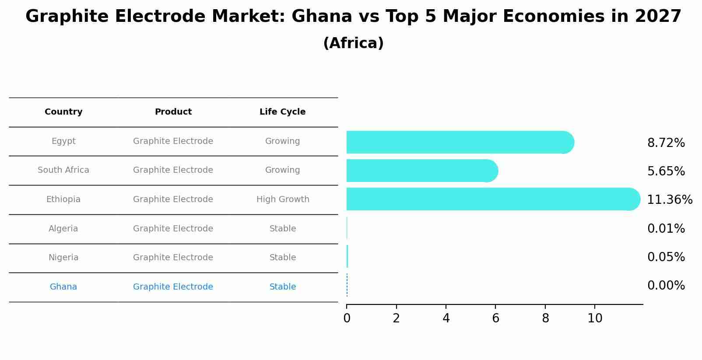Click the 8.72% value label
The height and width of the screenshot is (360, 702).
(x=666, y=143)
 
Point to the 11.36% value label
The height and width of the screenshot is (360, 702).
(x=669, y=200)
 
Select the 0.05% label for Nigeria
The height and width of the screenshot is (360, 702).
(x=666, y=257)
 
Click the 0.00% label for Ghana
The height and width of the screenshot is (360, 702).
(x=666, y=286)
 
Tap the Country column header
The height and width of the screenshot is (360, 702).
(x=63, y=112)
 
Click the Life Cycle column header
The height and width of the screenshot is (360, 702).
(x=282, y=112)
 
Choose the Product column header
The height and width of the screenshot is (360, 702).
(x=173, y=112)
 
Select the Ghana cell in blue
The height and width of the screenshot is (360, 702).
(x=63, y=287)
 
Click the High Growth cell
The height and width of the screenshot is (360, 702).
(x=283, y=199)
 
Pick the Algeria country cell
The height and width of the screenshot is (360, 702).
(x=63, y=229)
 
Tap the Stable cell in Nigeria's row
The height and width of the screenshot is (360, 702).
(x=283, y=258)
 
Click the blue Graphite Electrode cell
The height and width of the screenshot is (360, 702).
(x=173, y=287)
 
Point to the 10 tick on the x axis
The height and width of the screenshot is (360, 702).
(x=595, y=318)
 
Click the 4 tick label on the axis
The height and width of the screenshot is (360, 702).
(x=446, y=318)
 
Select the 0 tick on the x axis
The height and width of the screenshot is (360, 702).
(x=347, y=318)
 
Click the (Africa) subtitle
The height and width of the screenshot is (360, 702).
(x=353, y=43)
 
